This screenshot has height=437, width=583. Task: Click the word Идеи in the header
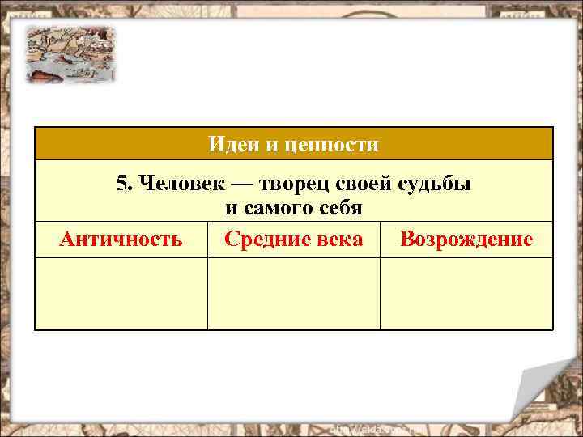tap(228, 145)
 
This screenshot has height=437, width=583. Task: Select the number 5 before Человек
tap(122, 183)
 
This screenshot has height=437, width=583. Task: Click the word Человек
tap(172, 183)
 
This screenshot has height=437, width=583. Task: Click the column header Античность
tap(121, 240)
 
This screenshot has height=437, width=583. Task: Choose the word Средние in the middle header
tap(262, 240)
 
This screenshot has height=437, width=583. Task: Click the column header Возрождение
tap(466, 240)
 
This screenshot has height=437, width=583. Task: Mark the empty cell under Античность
tap(121, 293)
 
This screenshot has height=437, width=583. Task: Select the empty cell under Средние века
tap(293, 293)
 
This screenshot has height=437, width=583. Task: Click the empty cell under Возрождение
tap(466, 293)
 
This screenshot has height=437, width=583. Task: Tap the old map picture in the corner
tap(70, 53)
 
